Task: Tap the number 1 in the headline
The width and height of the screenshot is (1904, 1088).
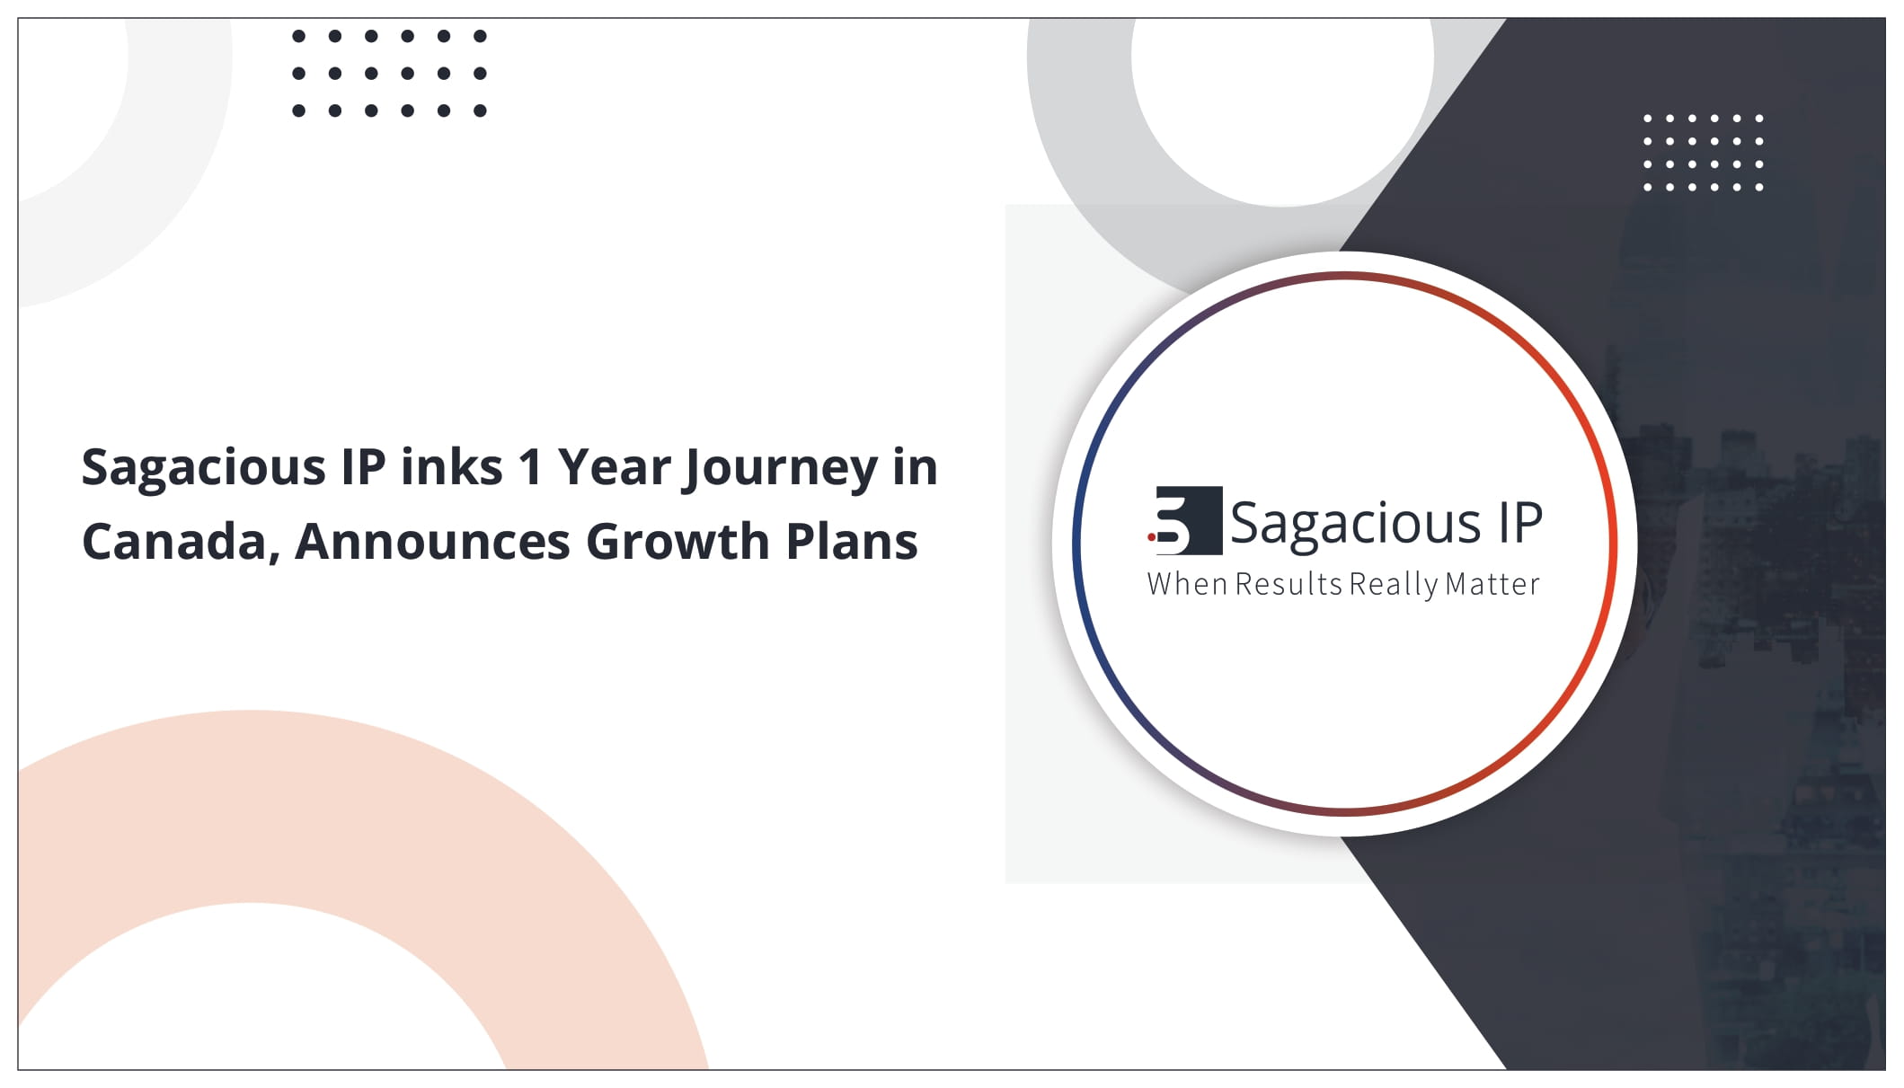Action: click(530, 467)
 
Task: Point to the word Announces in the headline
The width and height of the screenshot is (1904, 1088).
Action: click(432, 542)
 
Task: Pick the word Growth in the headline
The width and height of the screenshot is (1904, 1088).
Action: click(678, 541)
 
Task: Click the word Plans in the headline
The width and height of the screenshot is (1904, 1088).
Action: click(852, 541)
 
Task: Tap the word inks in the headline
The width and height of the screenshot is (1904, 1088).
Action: click(451, 467)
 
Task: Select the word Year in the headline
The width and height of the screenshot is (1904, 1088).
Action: click(614, 467)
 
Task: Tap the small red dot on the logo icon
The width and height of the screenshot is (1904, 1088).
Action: click(1152, 537)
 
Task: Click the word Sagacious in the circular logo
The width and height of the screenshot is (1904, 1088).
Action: click(1355, 525)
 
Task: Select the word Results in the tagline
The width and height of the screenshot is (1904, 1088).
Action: click(1289, 584)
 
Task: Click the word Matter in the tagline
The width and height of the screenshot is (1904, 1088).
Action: click(1492, 584)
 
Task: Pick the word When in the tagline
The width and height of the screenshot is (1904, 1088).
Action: click(1187, 584)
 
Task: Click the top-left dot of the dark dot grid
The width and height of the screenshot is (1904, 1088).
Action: click(299, 37)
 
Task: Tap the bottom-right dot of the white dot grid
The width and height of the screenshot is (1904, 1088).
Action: click(1758, 187)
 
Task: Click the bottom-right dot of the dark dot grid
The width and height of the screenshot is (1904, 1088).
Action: click(480, 111)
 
